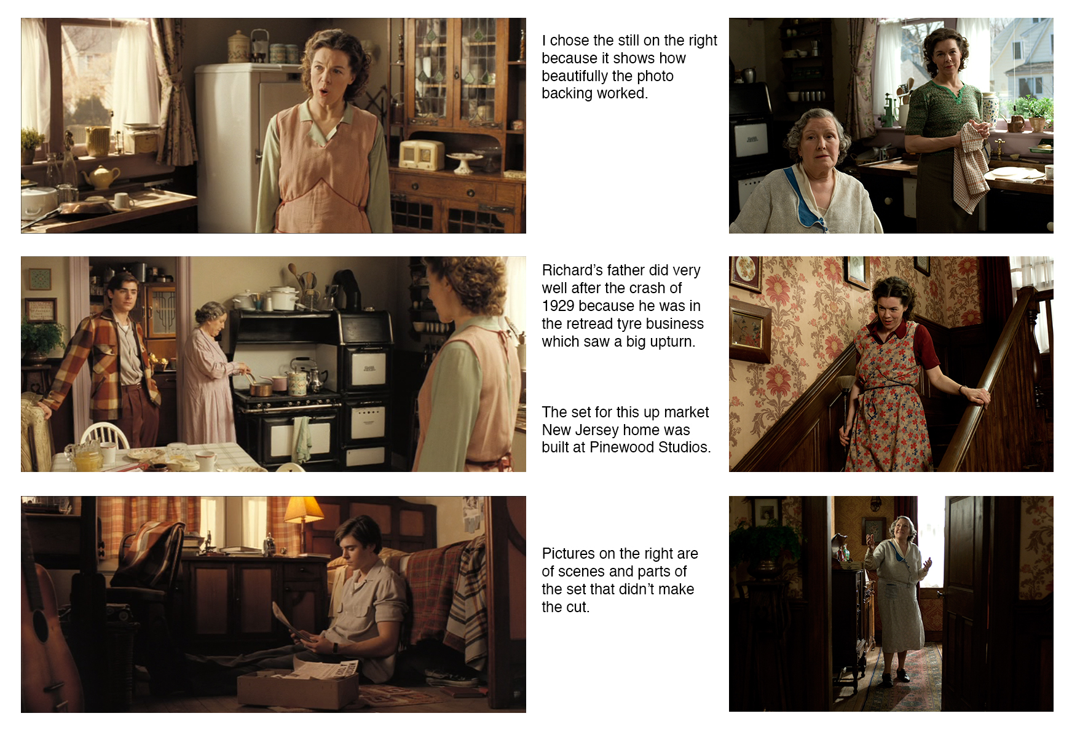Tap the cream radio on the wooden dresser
[x=421, y=154]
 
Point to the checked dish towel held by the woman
[x=971, y=166]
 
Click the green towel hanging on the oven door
[x=302, y=438]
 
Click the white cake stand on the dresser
[x=465, y=162]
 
